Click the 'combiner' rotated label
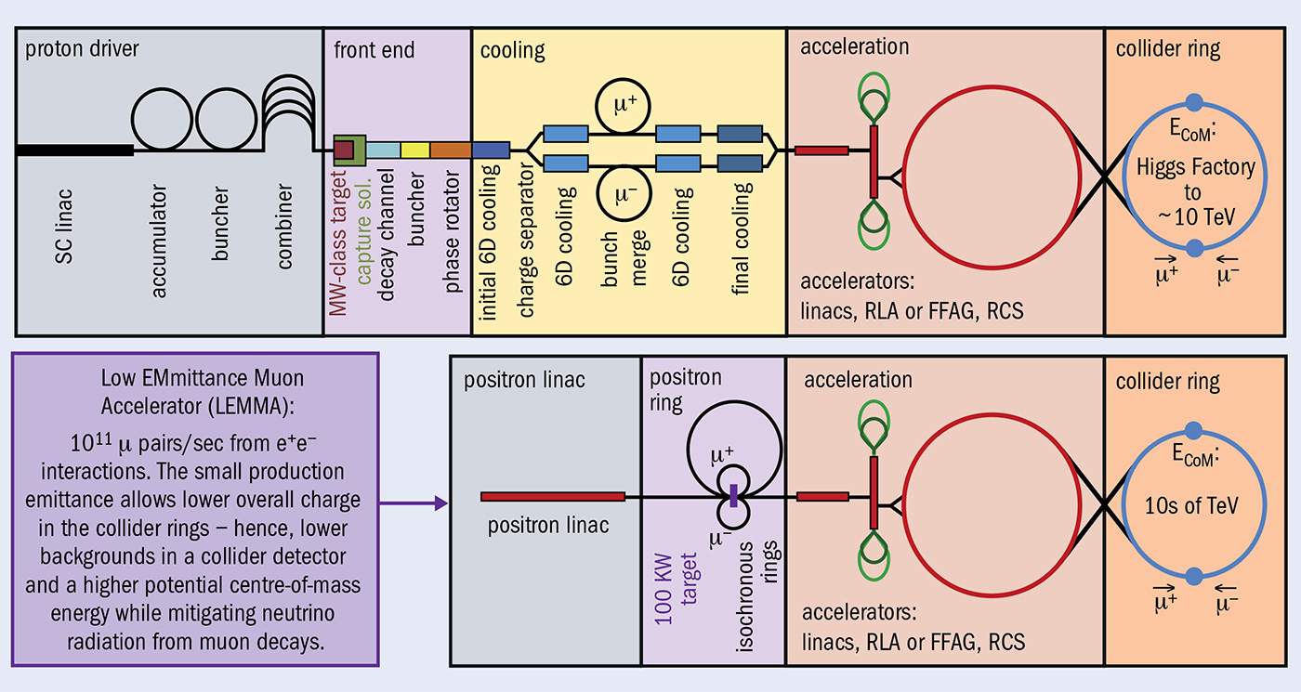click(x=284, y=227)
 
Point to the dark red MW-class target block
click(x=345, y=150)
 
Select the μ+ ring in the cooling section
click(x=631, y=107)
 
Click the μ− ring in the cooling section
click(x=631, y=194)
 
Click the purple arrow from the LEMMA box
click(x=414, y=503)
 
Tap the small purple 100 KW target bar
click(x=734, y=496)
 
